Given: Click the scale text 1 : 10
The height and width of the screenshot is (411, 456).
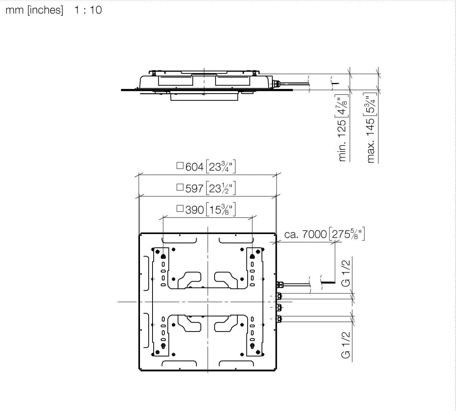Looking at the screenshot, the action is coord(88,10).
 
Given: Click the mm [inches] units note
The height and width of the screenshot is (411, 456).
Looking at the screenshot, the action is coord(34,10).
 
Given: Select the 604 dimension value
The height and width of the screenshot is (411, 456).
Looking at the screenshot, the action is coord(194,167).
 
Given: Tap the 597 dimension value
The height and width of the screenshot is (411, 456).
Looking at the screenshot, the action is coord(194,188).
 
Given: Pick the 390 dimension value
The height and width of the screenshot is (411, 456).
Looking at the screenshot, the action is coord(194,210).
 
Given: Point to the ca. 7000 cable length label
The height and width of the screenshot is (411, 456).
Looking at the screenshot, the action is coord(305,234).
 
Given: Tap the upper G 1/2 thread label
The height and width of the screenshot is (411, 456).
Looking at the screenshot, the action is coord(345,273).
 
